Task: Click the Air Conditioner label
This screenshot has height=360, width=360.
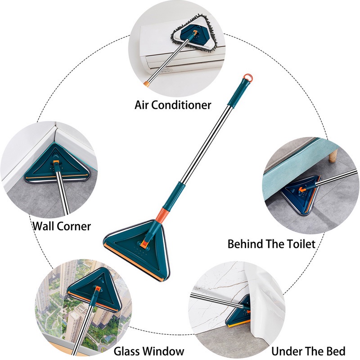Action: tap(173, 105)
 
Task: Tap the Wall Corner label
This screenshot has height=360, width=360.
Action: tap(62, 225)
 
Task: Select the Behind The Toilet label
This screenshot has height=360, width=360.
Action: tap(271, 244)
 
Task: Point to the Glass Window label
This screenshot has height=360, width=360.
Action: tap(149, 351)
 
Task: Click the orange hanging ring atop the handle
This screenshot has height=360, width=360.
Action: tap(248, 78)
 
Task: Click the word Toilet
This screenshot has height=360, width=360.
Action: tap(300, 244)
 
